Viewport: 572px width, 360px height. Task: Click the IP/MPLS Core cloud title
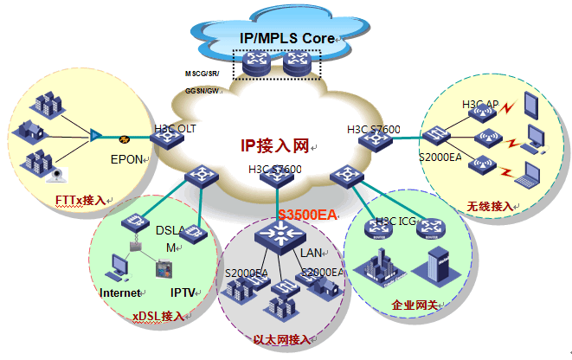pos(286,39)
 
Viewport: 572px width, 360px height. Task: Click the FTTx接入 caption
pos(80,201)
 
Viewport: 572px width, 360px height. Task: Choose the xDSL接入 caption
pos(157,316)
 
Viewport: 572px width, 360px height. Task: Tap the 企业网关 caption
pos(415,305)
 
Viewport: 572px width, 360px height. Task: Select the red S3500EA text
pos(306,214)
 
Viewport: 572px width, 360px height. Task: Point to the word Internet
pos(119,292)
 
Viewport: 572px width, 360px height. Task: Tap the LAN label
pos(311,253)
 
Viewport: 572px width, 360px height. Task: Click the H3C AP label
pos(479,105)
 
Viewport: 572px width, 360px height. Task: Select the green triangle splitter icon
pos(95,135)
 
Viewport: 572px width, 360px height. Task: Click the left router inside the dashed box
pos(258,62)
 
